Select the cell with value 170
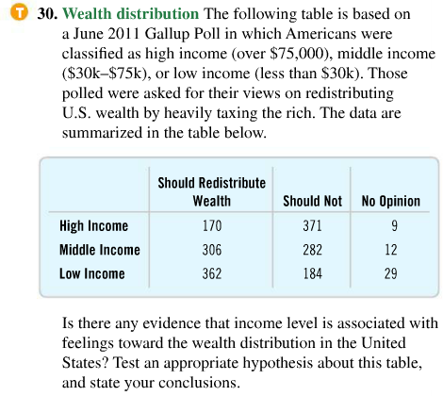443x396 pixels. pyautogui.click(x=211, y=225)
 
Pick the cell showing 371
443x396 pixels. pyautogui.click(x=312, y=225)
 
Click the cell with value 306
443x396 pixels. pyautogui.click(x=211, y=250)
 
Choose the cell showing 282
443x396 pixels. pyautogui.click(x=312, y=250)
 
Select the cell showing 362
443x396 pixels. pyautogui.click(x=211, y=274)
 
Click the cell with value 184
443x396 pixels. pyautogui.click(x=312, y=274)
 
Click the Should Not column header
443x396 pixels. pyautogui.click(x=312, y=201)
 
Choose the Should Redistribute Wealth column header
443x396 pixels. pyautogui.click(x=211, y=191)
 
